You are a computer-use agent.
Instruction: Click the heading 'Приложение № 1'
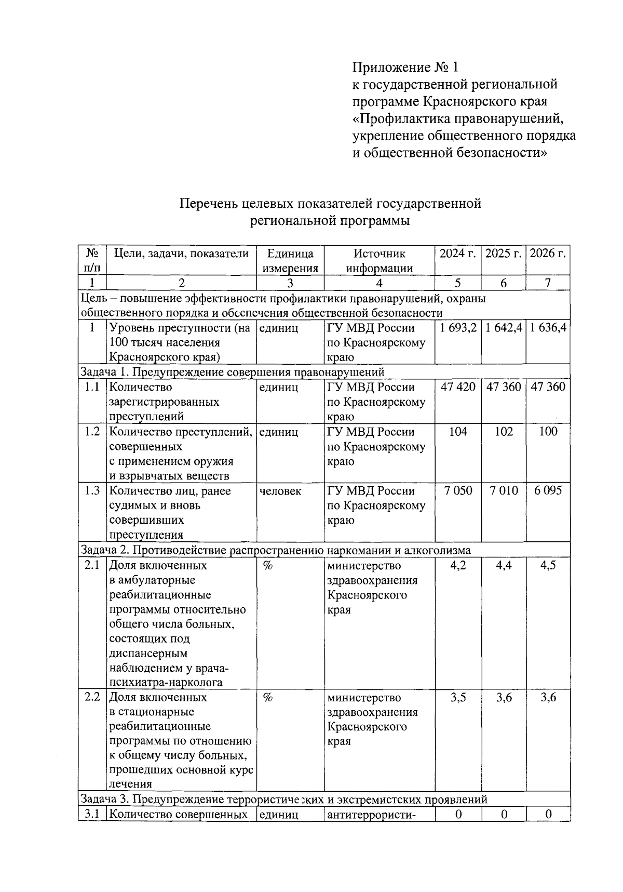406,68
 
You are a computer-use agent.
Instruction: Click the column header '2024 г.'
457,254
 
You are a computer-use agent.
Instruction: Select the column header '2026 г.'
548,254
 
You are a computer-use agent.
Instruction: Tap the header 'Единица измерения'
290,261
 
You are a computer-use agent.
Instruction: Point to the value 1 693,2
457,328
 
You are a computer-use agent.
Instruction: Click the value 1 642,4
503,328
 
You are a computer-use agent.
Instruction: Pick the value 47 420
457,387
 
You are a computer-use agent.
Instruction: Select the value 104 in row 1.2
457,432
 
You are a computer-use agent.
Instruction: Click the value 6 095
548,491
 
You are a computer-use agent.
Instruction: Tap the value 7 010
503,491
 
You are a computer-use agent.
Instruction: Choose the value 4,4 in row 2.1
503,565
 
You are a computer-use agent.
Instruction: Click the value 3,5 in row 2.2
457,697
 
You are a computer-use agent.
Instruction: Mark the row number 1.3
92,491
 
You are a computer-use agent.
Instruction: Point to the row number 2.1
92,565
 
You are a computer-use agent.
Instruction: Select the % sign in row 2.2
267,697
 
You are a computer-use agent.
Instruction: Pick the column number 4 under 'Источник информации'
379,283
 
